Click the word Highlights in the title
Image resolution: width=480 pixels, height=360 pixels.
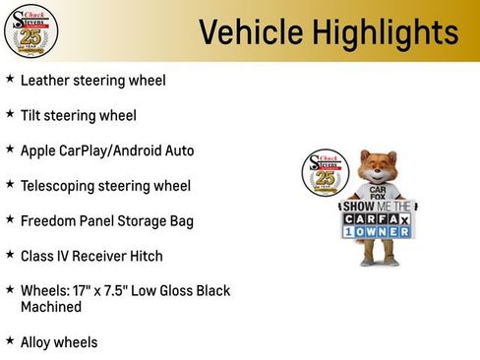pyautogui.click(x=379, y=32)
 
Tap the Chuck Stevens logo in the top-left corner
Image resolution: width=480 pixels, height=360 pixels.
pyautogui.click(x=30, y=30)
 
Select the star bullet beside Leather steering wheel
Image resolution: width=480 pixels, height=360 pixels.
pyautogui.click(x=10, y=79)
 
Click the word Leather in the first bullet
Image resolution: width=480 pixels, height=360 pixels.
pyautogui.click(x=45, y=80)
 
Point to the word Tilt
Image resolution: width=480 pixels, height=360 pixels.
pyautogui.click(x=32, y=115)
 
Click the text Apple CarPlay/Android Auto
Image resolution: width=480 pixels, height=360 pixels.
pyautogui.click(x=107, y=150)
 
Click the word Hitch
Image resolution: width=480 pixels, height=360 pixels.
pyautogui.click(x=144, y=256)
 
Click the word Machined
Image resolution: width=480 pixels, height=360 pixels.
pyautogui.click(x=51, y=307)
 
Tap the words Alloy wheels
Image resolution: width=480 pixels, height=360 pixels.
pyautogui.click(x=59, y=342)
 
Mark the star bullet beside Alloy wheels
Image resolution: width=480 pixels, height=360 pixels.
pyautogui.click(x=10, y=341)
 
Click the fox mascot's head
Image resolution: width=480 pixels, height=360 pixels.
pyautogui.click(x=377, y=168)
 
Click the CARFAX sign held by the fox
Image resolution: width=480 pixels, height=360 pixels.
pyautogui.click(x=377, y=218)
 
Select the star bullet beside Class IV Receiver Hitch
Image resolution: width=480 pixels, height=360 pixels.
pyautogui.click(x=10, y=255)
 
